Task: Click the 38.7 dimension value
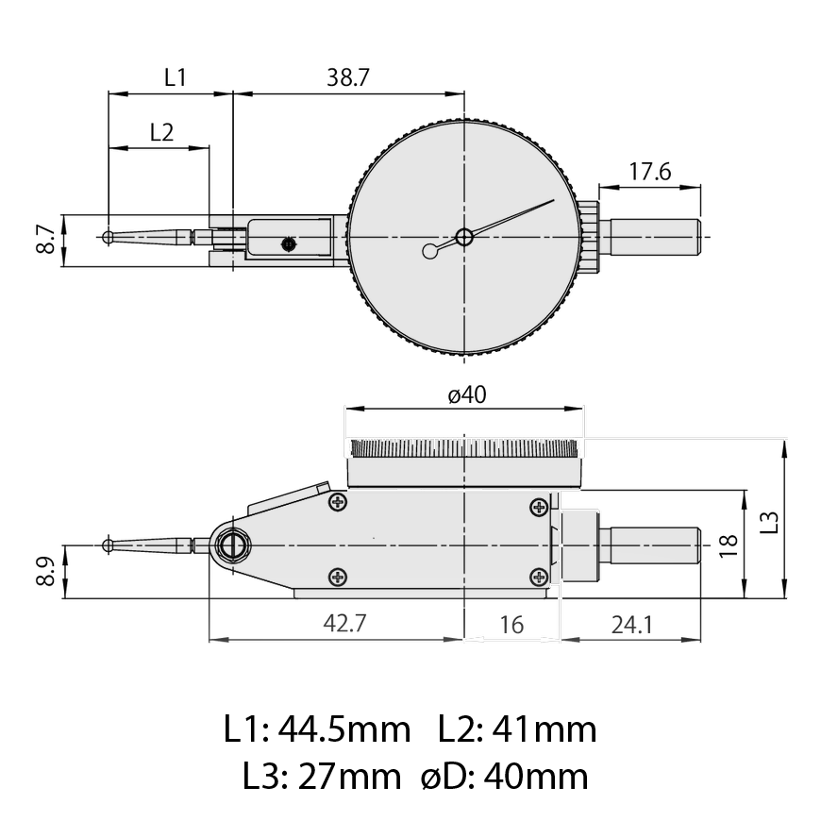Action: tap(347, 78)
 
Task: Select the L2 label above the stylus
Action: tap(161, 132)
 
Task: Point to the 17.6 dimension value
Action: tap(649, 172)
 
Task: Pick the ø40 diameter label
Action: tap(466, 396)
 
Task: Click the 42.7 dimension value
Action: tap(343, 625)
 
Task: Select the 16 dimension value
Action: tap(511, 625)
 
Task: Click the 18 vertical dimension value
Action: tap(726, 545)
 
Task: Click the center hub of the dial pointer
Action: tap(464, 237)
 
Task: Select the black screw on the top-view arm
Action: tap(288, 244)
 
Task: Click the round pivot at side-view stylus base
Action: tap(232, 545)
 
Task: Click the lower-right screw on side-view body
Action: tap(539, 577)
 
